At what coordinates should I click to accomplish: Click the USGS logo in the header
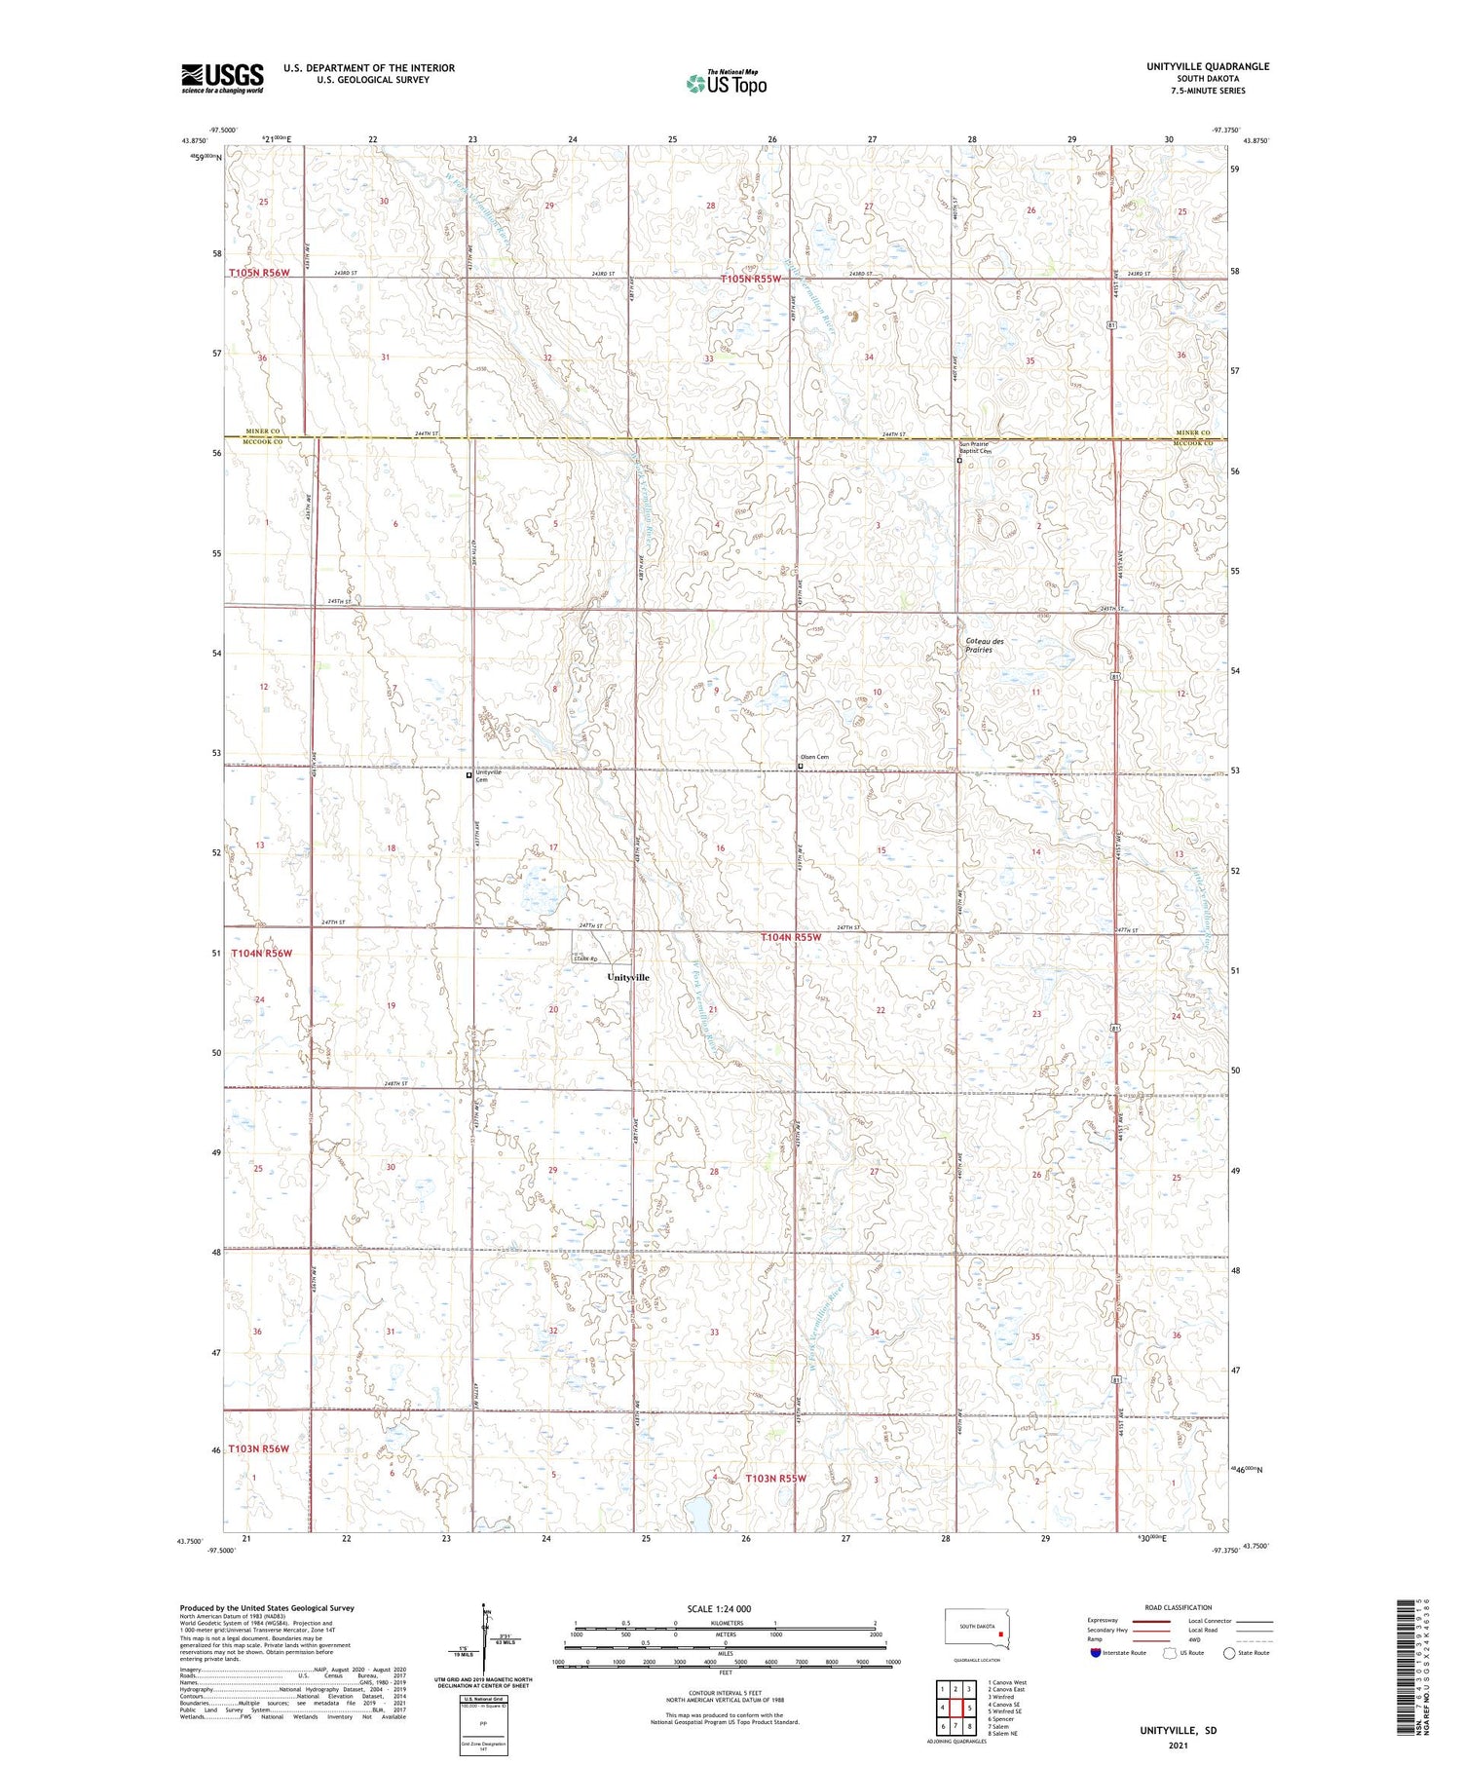(222, 78)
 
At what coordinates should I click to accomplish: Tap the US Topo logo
(726, 83)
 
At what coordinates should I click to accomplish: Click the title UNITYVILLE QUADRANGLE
(1209, 66)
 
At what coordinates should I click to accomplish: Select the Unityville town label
(627, 977)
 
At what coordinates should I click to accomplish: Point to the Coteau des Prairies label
(985, 645)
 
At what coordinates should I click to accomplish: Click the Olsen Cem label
(814, 757)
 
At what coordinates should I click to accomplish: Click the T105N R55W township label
(751, 279)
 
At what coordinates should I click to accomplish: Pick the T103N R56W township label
(259, 1449)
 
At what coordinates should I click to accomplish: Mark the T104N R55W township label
(791, 937)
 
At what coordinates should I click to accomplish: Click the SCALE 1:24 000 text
(719, 1608)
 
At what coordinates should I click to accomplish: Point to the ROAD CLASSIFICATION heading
(1178, 1607)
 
